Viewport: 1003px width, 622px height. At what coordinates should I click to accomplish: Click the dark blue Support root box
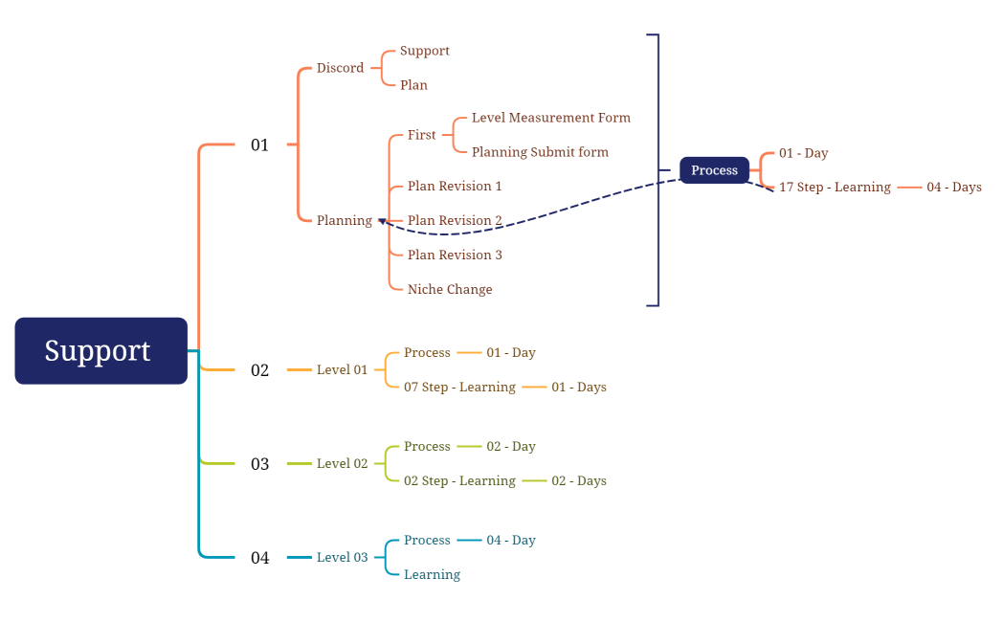[100, 350]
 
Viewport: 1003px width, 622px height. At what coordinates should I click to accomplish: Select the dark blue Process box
[714, 170]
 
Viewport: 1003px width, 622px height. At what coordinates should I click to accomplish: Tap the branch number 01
[259, 145]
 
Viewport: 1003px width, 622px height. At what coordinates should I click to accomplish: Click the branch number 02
[259, 370]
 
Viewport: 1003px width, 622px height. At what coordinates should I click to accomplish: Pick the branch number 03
[259, 464]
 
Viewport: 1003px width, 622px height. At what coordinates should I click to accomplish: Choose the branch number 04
[259, 558]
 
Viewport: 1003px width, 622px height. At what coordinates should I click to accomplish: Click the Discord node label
[340, 68]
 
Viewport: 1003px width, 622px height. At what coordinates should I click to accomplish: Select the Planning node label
[344, 221]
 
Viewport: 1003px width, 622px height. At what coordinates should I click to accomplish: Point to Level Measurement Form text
[550, 118]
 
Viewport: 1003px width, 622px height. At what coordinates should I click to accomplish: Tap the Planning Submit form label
[540, 152]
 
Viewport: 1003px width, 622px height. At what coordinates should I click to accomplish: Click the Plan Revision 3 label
[455, 255]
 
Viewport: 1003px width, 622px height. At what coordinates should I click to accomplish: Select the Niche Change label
[450, 290]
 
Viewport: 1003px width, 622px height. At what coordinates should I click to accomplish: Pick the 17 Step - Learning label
[835, 188]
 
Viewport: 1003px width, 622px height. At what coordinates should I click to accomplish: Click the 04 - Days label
[953, 188]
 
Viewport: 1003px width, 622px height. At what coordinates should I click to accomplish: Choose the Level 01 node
[342, 370]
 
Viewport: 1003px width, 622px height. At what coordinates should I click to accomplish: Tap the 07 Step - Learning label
[459, 388]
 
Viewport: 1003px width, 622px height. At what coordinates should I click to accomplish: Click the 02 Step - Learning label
[459, 481]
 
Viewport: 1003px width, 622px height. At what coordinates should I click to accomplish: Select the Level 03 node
[342, 558]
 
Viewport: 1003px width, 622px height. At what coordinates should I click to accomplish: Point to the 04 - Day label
[510, 541]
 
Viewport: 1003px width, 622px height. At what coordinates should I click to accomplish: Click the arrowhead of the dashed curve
[382, 221]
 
